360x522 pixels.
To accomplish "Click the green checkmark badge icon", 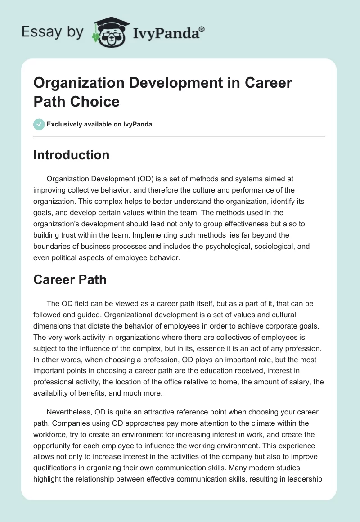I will pos(39,124).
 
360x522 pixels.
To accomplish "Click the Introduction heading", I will pos(72,155).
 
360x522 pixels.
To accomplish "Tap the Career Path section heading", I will pos(70,279).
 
